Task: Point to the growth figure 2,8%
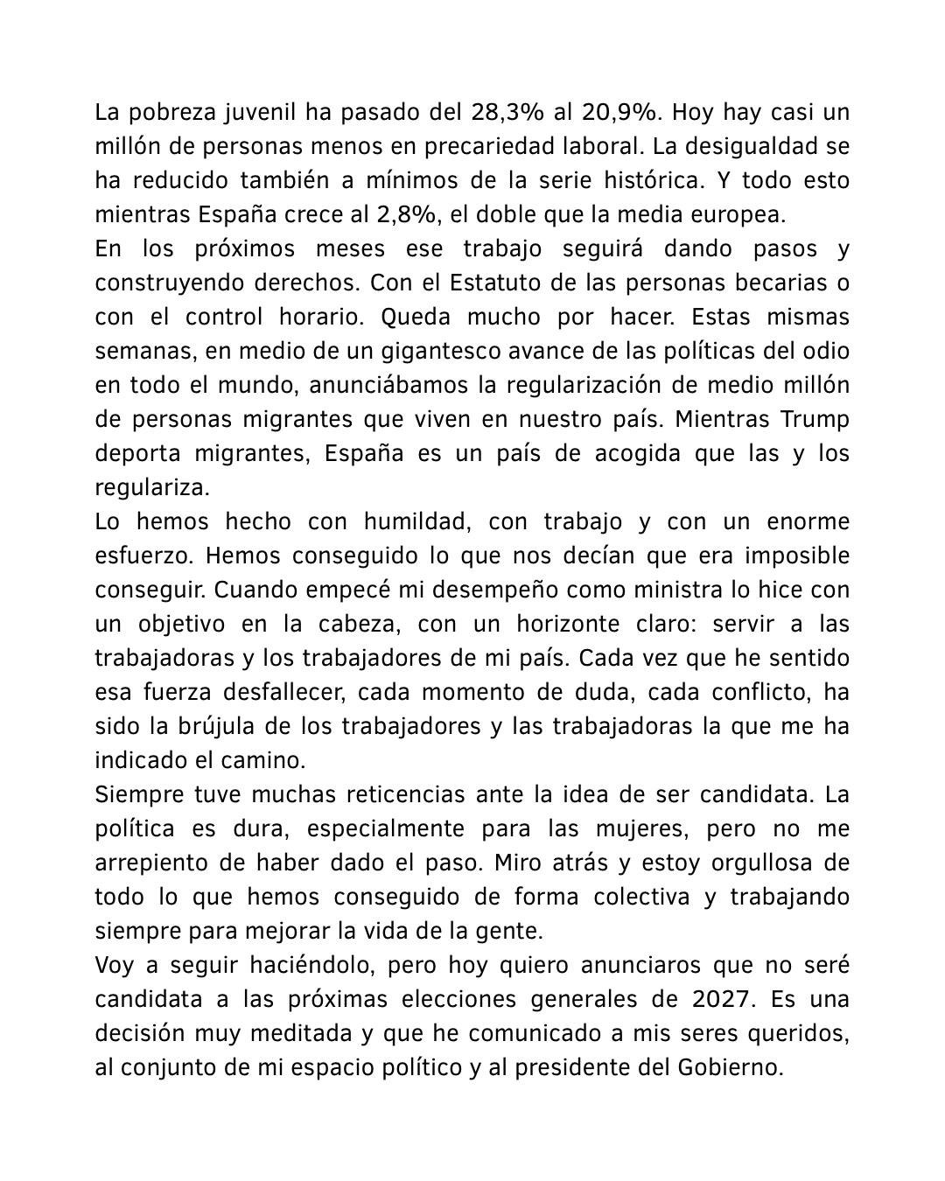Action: point(359,215)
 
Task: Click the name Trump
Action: point(814,420)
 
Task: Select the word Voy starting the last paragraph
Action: point(115,966)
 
